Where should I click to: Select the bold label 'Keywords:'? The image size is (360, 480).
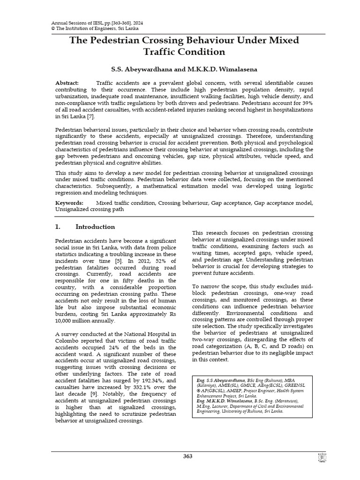coord(69,202)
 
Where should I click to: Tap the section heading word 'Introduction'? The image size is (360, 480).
coord(95,227)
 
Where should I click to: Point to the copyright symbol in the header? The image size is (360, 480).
coord(52,28)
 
